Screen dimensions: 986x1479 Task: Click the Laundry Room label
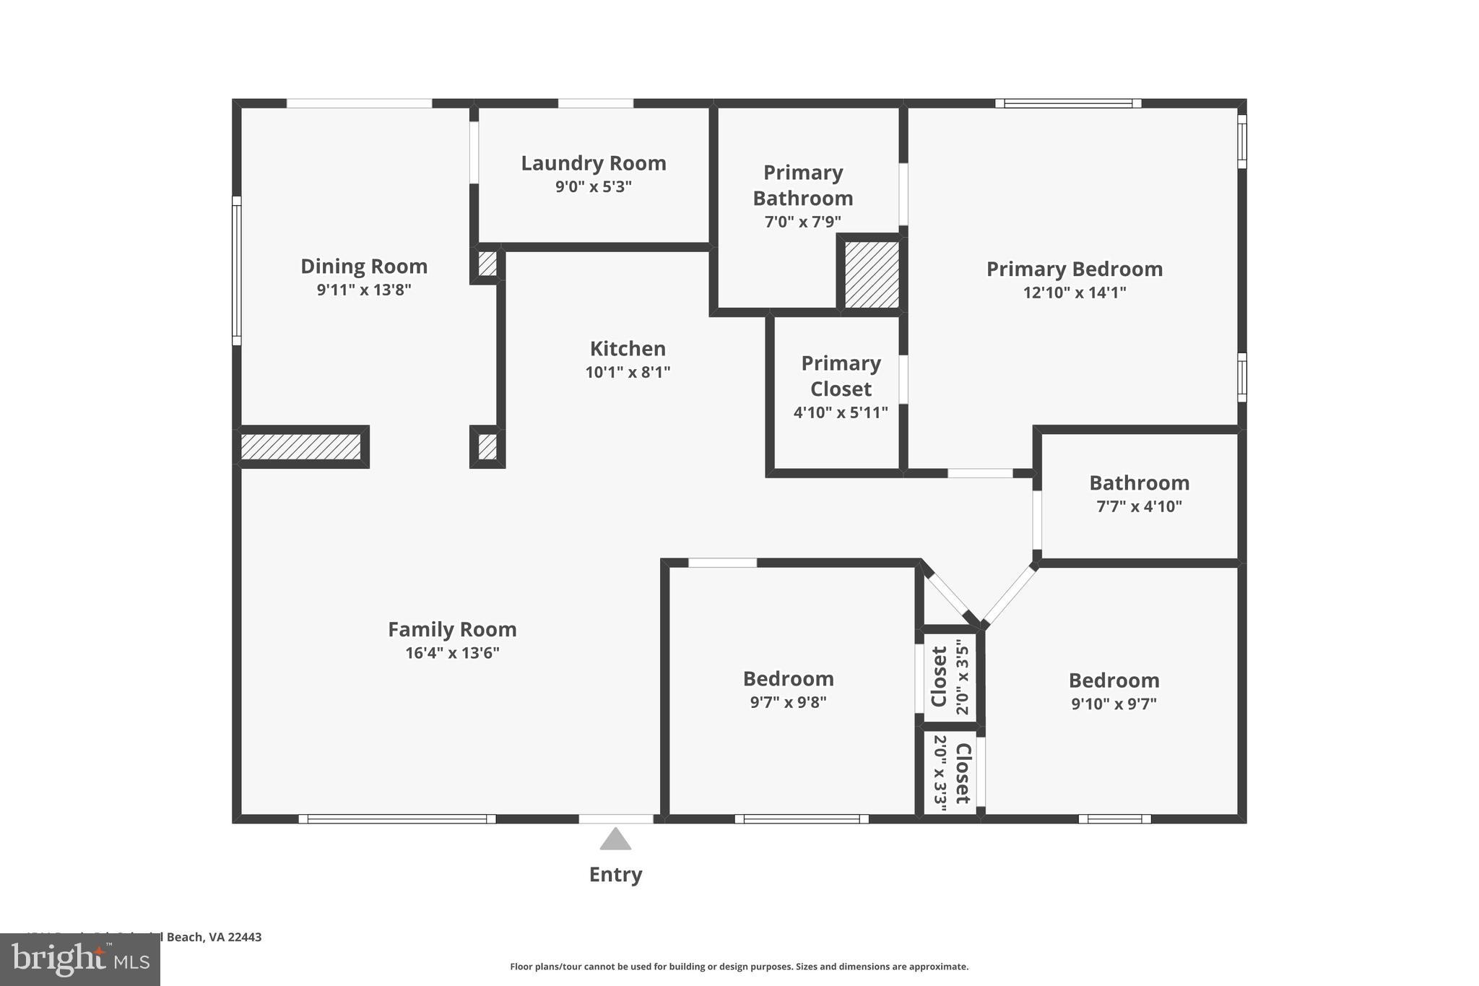pos(593,163)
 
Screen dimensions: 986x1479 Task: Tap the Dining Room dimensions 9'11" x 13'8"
pos(364,290)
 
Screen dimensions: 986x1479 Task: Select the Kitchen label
pos(628,349)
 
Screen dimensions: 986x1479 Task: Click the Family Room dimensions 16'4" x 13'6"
pos(452,653)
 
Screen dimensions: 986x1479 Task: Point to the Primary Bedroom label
pos(1074,269)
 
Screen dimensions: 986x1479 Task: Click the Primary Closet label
pos(841,376)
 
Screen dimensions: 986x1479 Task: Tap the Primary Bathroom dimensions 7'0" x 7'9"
pos(802,222)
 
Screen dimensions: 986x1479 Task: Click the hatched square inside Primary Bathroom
pos(872,274)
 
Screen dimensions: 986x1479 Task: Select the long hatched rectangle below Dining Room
pos(300,446)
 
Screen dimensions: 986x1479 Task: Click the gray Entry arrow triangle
pos(615,840)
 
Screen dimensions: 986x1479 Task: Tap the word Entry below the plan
pos(615,875)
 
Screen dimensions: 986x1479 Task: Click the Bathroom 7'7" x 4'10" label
pos(1139,483)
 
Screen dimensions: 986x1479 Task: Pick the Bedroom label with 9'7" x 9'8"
pos(788,679)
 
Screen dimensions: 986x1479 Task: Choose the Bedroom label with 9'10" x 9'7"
pos(1114,680)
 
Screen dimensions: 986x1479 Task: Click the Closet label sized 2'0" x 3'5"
pos(939,676)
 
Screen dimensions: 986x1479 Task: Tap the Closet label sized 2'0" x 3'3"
pos(963,773)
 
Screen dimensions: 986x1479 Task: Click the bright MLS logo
pos(80,960)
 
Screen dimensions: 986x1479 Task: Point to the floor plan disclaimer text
pos(739,966)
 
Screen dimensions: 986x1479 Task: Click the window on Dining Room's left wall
pos(236,271)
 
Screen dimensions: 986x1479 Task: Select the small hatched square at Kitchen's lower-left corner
pos(487,446)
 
